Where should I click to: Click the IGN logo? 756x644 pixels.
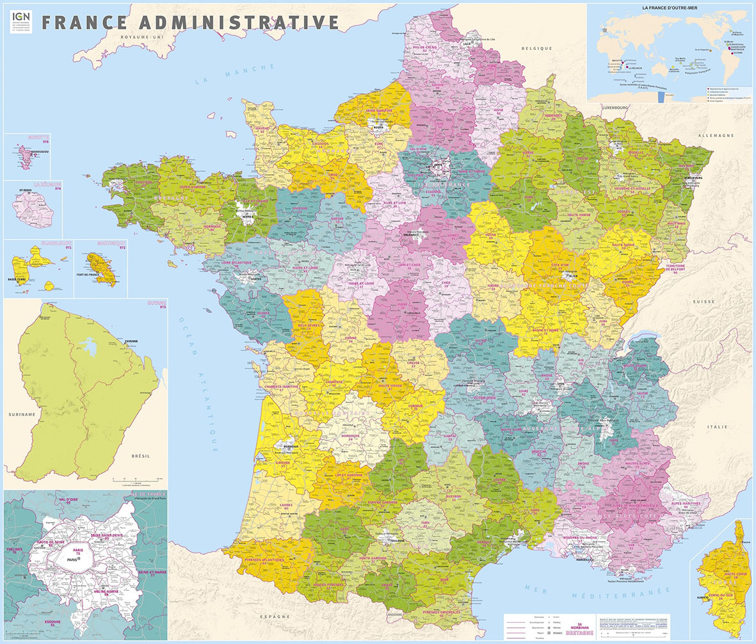coord(20,21)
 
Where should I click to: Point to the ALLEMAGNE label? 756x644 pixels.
coord(716,136)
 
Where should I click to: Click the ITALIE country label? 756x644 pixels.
coord(718,426)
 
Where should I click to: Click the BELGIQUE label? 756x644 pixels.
coord(536,49)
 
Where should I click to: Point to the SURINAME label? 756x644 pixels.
coord(22,415)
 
